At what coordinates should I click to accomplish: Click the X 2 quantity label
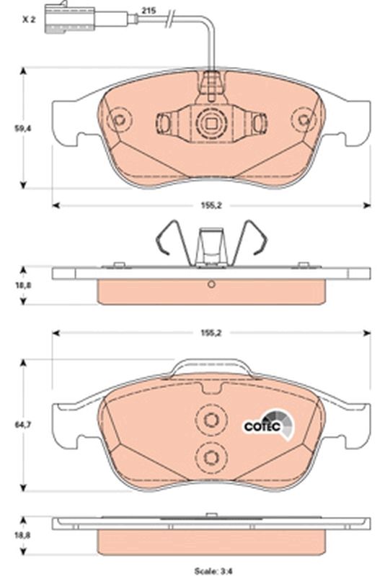point(28,19)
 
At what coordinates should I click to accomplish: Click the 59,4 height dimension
point(23,127)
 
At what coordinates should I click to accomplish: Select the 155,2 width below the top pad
point(211,205)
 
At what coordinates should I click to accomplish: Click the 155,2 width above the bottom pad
point(211,334)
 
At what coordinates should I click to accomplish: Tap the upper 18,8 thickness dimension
point(23,286)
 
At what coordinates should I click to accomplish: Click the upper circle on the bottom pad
point(211,422)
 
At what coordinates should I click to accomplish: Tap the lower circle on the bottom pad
point(211,455)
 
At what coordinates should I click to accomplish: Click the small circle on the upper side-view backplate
point(211,284)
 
